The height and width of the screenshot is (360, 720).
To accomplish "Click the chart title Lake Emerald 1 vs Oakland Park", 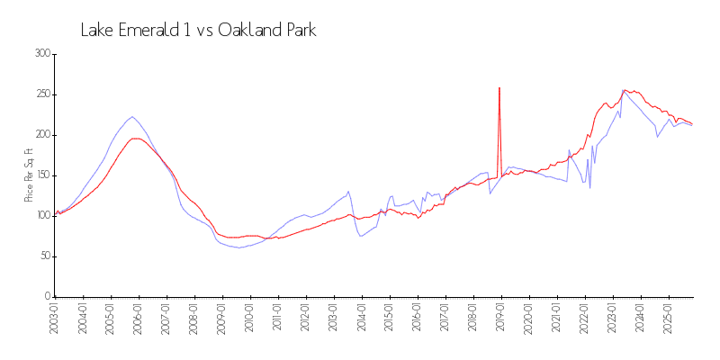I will (x=198, y=30).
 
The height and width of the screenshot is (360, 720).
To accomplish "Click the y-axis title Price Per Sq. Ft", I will (x=30, y=175).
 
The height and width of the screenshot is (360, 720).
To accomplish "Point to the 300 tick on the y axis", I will (x=43, y=54).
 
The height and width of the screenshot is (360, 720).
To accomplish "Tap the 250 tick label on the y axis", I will (x=43, y=94).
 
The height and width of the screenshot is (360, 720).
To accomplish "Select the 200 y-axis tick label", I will (x=43, y=135).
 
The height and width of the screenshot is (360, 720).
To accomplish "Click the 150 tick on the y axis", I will (x=43, y=175).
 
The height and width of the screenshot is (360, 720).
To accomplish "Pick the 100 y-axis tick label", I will (x=43, y=216).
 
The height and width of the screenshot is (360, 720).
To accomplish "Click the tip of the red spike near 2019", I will (x=499, y=87).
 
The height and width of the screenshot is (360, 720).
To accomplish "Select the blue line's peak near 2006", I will (x=132, y=116).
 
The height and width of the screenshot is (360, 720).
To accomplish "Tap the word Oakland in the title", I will (x=249, y=30).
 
